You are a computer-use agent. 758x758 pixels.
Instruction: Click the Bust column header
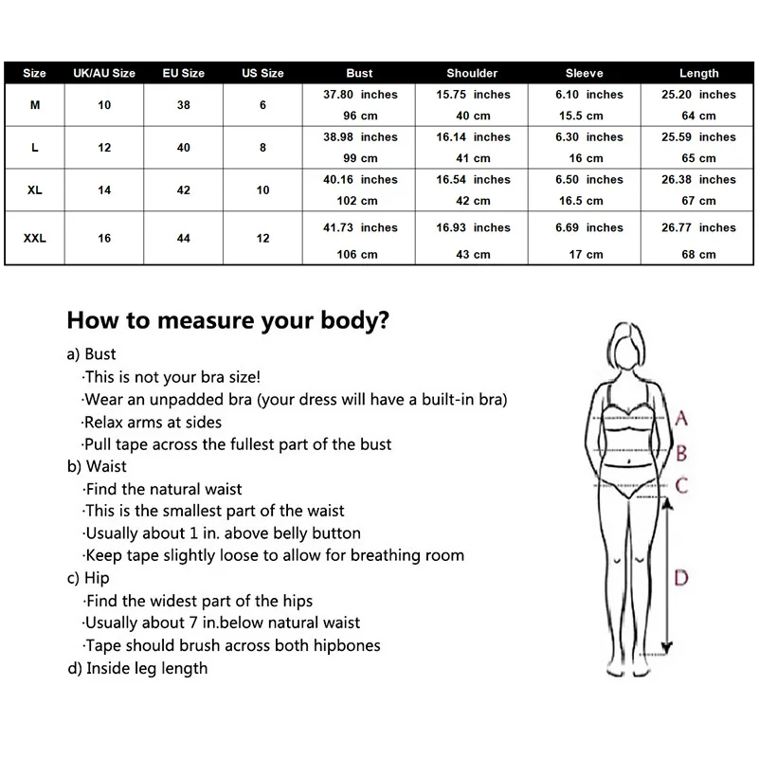point(360,73)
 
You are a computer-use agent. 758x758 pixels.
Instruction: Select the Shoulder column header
point(472,73)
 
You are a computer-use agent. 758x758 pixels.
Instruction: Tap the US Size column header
point(262,73)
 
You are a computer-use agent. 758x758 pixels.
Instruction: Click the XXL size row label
point(35,239)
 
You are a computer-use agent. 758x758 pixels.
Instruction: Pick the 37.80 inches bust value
point(360,95)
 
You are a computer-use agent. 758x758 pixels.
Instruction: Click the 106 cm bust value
point(360,254)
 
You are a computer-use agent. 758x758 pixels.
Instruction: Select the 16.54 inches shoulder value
point(472,179)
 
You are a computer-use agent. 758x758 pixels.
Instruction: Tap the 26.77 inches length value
point(698,227)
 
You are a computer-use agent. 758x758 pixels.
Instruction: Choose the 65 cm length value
point(698,158)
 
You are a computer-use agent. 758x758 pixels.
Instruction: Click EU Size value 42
point(184,190)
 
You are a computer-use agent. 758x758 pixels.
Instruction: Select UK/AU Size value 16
point(104,239)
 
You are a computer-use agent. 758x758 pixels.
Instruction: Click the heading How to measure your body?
point(227,320)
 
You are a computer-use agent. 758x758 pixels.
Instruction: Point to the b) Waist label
point(97,466)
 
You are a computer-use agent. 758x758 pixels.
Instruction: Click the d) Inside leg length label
point(137,668)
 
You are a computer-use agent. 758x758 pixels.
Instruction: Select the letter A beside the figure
point(681,418)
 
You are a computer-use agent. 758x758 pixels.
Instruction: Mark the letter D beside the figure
point(681,577)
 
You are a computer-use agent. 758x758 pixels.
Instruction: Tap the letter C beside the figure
point(681,486)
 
